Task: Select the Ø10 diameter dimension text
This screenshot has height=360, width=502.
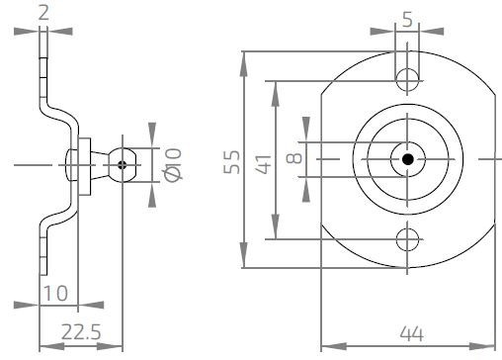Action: point(174,162)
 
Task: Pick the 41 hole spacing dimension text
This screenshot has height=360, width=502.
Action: point(263,160)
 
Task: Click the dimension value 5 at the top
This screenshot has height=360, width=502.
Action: point(407,17)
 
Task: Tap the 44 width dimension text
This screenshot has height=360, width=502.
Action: point(407,333)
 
